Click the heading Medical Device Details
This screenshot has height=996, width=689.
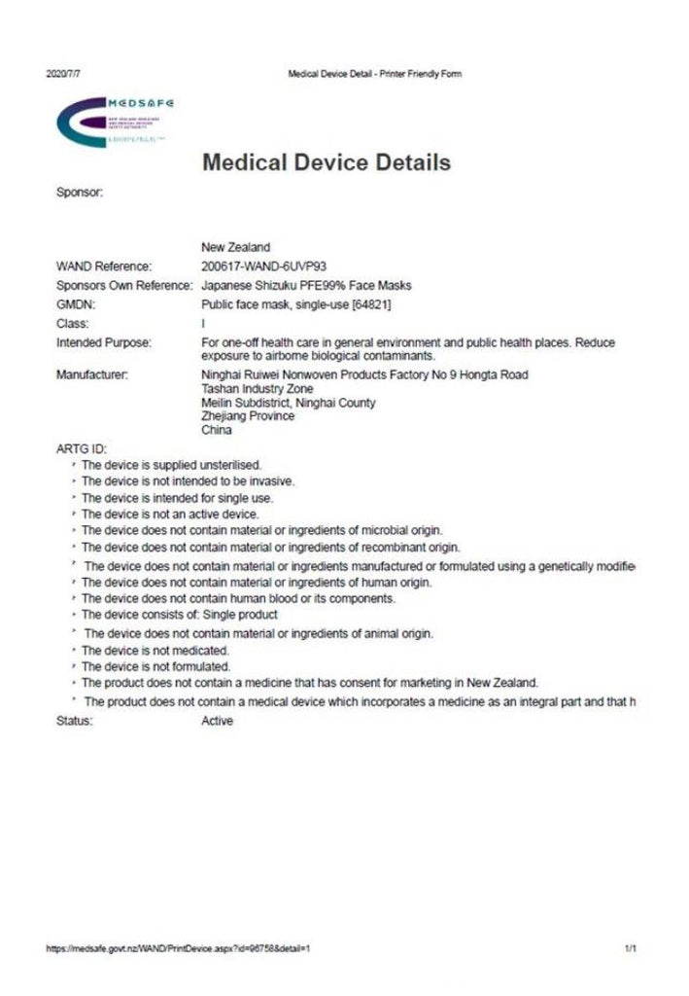pos(327,162)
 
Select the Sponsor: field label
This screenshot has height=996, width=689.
pos(80,193)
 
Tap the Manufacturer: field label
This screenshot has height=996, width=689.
pos(93,374)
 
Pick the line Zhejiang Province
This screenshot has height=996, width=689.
pos(247,416)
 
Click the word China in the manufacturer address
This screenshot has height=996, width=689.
pos(216,430)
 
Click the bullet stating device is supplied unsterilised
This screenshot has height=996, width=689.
pos(171,464)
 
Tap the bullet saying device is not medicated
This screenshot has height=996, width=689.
pos(155,650)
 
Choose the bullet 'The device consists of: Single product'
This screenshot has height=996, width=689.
pos(179,615)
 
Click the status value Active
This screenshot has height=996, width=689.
pos(217,722)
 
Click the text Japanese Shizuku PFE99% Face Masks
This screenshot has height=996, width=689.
pos(306,286)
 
